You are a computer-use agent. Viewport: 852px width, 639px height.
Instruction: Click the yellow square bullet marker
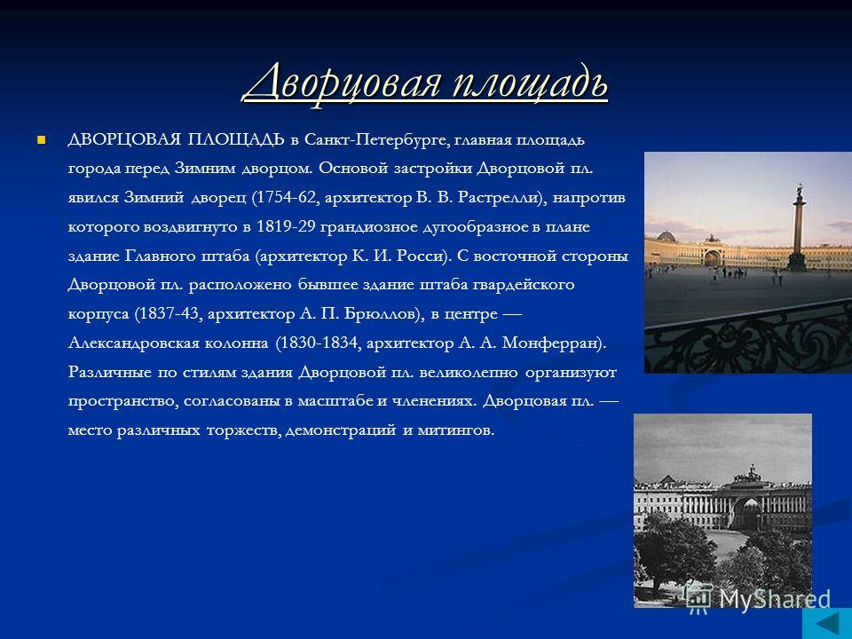[40, 140]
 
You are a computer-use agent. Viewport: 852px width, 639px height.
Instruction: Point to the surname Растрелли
[500, 197]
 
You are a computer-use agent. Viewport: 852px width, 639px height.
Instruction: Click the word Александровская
[168, 343]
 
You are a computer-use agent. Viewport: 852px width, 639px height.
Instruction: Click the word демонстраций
[340, 430]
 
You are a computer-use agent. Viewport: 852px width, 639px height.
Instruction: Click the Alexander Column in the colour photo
[798, 228]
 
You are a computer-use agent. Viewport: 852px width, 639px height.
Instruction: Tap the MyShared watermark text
[775, 599]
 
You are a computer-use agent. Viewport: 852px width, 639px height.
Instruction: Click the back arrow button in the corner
[826, 623]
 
